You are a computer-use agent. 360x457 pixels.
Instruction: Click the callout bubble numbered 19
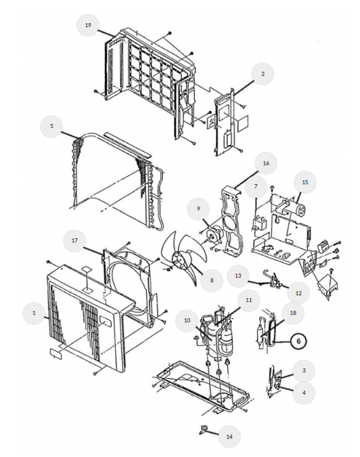pos(88,25)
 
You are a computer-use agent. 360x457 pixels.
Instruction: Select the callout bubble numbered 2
pos(263,74)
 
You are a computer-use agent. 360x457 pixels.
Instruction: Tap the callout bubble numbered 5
pos(52,126)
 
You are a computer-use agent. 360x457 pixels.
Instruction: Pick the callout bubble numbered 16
pos(266,163)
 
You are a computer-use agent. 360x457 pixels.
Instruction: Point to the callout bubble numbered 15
pos(305,182)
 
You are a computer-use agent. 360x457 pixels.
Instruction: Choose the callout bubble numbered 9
pos(198,209)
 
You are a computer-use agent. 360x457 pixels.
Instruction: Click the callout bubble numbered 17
pos(74,240)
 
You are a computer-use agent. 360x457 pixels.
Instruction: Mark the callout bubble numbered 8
pos(212,280)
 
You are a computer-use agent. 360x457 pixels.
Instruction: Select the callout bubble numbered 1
pos(34,313)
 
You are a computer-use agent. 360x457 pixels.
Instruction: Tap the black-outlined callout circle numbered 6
pos(298,341)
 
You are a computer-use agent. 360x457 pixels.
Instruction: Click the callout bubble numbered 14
pos(229,437)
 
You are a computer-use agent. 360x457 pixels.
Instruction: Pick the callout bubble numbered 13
pos(238,276)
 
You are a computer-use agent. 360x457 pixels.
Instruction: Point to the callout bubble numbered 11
pos(249,300)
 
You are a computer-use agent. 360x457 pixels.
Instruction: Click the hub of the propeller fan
pos(178,259)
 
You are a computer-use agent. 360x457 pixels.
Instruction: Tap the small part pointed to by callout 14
pos(203,429)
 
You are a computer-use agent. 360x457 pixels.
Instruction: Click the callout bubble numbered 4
pos(304,393)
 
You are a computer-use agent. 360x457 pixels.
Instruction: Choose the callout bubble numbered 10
pos(187,321)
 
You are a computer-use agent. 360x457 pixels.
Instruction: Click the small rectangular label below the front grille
pos(55,352)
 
